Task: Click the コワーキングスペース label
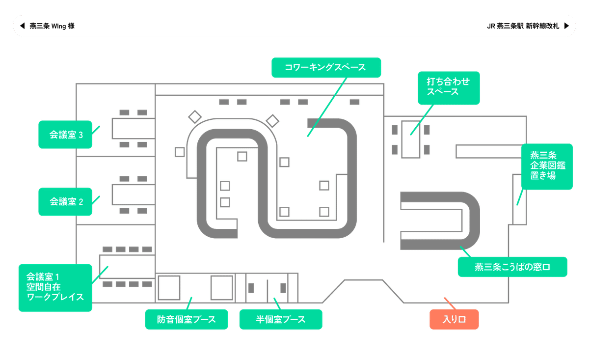(x=326, y=67)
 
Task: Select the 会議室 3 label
(x=65, y=134)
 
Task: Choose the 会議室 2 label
(x=65, y=201)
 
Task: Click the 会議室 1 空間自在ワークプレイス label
(x=55, y=287)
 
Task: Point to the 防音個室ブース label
(x=187, y=319)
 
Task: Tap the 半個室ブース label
(x=280, y=319)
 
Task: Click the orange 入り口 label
(x=454, y=319)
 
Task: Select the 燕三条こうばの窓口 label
(x=512, y=267)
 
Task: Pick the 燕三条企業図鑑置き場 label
(x=546, y=166)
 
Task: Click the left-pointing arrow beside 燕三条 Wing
(x=22, y=26)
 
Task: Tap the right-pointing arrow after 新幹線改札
(x=567, y=26)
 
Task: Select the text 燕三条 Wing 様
(x=52, y=26)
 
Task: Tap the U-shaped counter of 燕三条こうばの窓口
(x=471, y=219)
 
